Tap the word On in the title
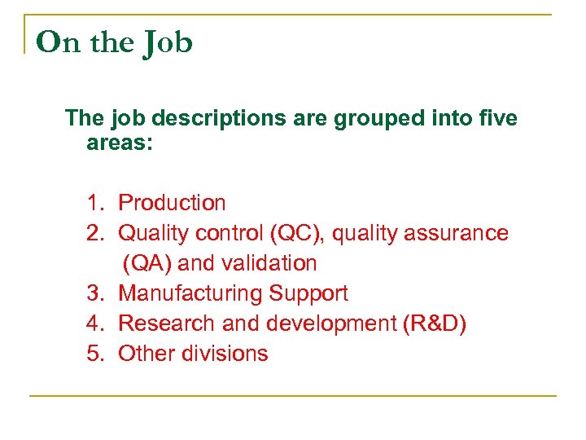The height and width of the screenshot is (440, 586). point(59,42)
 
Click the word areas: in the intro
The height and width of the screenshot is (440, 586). point(120,147)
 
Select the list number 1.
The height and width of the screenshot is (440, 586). point(95,203)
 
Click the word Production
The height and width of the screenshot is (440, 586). point(173,203)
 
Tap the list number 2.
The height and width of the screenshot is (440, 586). point(95,233)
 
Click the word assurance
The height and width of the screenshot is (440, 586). point(459,233)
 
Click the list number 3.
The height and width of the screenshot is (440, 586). point(95,293)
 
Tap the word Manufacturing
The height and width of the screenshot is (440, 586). point(190,293)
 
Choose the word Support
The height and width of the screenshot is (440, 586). point(308,294)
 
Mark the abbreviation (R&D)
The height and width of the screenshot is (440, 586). point(435,323)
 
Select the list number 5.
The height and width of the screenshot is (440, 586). point(95,354)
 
